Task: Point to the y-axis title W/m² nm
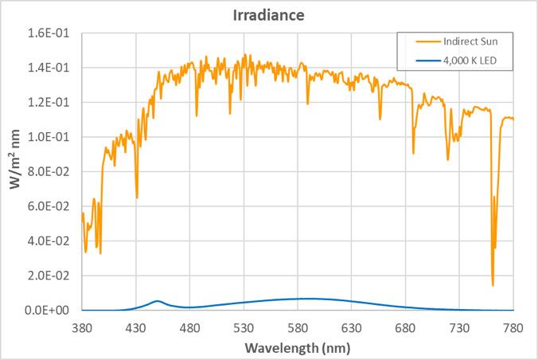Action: click(14, 171)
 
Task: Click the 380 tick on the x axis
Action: click(83, 327)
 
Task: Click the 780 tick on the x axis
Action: click(513, 327)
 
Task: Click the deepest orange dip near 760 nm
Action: click(493, 284)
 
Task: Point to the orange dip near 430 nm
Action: click(137, 197)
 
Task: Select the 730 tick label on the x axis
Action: click(459, 327)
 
